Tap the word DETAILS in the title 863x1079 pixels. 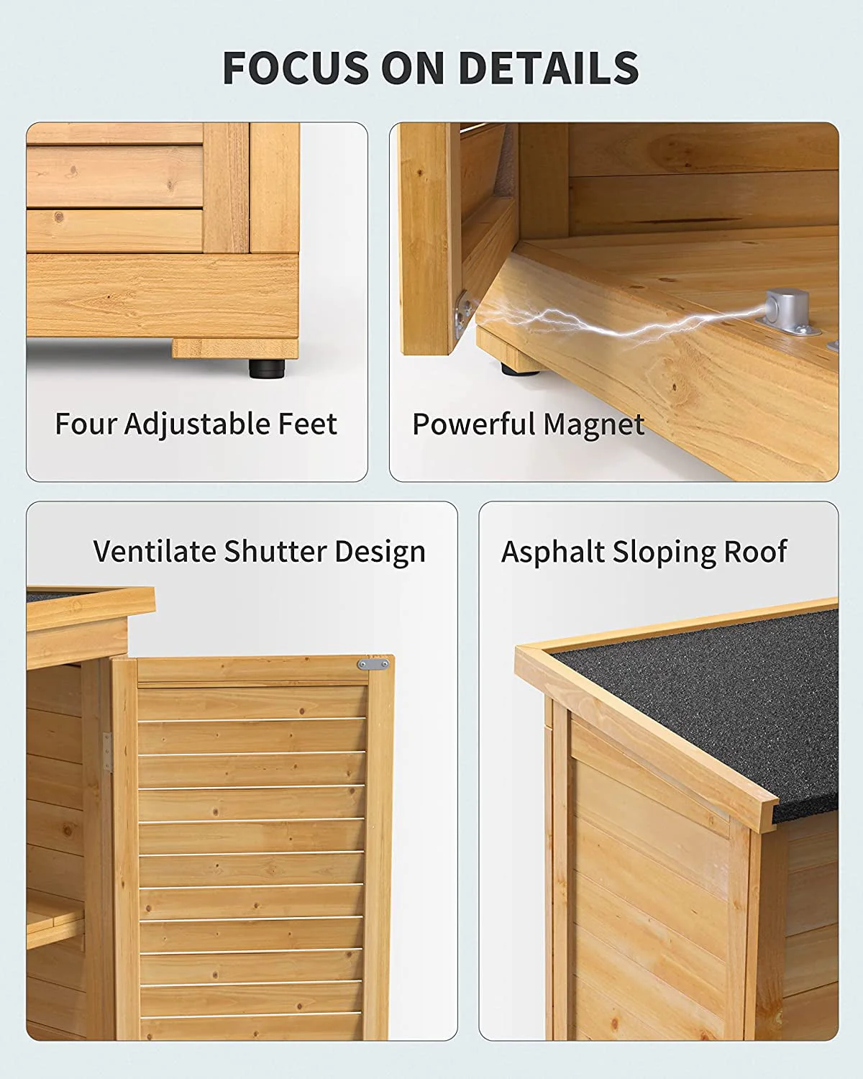point(549,68)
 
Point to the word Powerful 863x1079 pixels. point(473,424)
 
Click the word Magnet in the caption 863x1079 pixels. point(594,425)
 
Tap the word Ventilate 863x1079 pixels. point(155,552)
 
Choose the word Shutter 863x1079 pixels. point(275,552)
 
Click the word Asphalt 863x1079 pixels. point(552,552)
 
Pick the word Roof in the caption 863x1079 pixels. point(755,552)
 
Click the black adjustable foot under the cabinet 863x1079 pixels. point(267,368)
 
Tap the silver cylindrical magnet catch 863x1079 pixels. point(786,309)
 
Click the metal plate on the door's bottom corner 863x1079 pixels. point(463,315)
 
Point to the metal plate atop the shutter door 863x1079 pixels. point(373,665)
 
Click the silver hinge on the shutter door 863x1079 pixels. point(107,752)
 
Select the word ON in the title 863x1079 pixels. point(414,68)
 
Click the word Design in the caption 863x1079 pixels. point(380,553)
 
